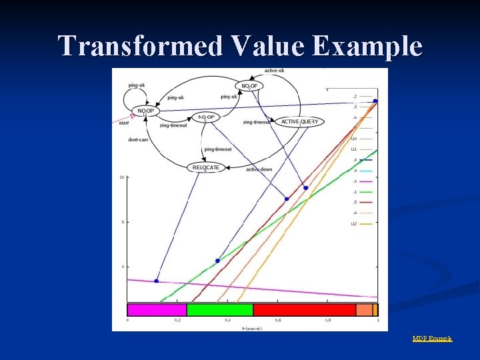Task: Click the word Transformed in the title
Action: tap(141, 46)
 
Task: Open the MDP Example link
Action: tap(432, 339)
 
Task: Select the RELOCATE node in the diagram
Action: tap(205, 167)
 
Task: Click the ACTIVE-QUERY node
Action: tap(299, 122)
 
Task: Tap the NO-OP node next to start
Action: tap(145, 111)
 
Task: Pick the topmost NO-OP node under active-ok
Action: tap(249, 86)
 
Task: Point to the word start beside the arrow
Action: tap(123, 123)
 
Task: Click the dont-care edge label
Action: tap(138, 140)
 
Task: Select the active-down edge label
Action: tap(259, 169)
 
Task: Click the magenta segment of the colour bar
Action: tap(157, 310)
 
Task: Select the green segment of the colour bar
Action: tap(219, 310)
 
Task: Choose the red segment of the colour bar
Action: tap(304, 310)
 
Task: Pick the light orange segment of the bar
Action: tap(364, 310)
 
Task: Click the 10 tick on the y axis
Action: tap(121, 177)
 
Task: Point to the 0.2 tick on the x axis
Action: tap(177, 321)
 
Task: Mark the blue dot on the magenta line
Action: tap(157, 281)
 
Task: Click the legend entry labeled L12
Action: tap(354, 223)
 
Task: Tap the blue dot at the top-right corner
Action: tap(375, 101)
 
